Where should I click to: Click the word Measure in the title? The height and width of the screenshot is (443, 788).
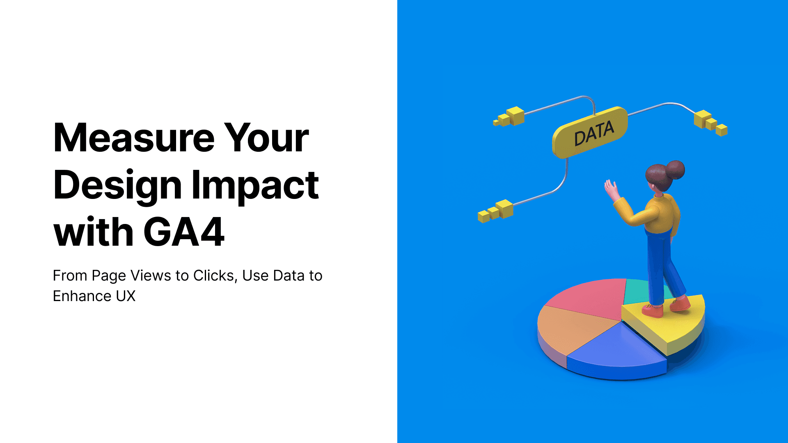(x=134, y=138)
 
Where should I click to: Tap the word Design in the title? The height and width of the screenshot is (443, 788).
(x=117, y=185)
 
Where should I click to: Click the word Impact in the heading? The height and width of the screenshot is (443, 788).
(x=255, y=185)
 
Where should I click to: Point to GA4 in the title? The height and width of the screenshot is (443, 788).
(x=183, y=232)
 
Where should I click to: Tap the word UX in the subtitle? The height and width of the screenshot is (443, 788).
(x=126, y=296)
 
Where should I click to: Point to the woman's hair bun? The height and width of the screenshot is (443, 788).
(x=675, y=169)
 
